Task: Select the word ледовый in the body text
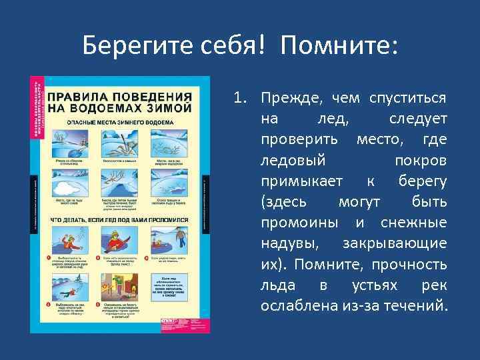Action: tap(293, 161)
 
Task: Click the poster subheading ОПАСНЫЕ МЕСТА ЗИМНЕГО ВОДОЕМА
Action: tap(120, 123)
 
